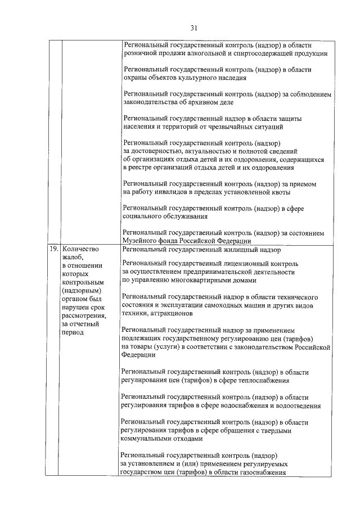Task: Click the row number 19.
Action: point(53,249)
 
